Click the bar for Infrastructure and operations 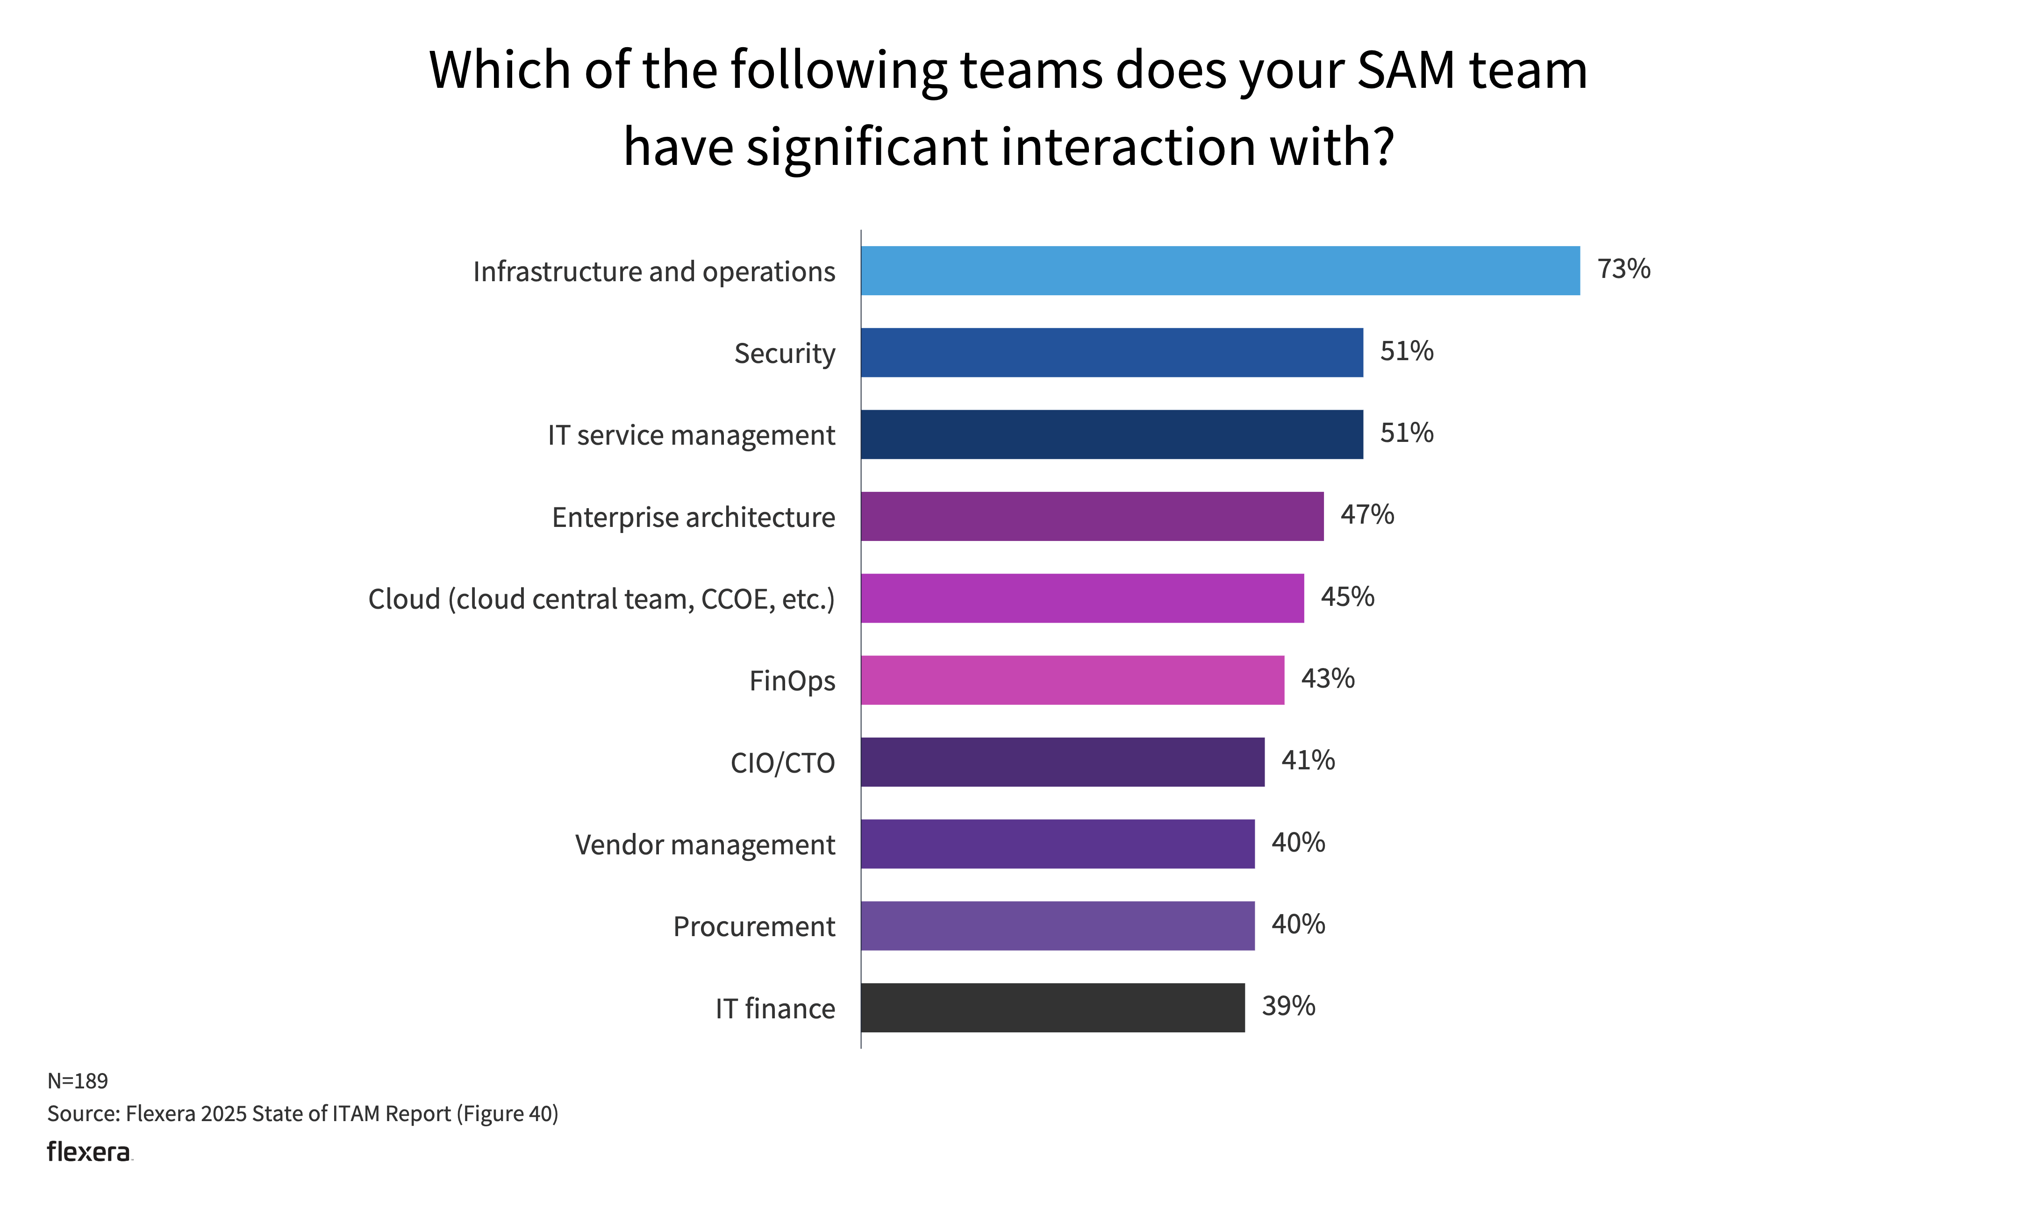pos(1220,270)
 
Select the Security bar pos(1111,353)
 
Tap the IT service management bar pos(1111,435)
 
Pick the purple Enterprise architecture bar pos(1092,516)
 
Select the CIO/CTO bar pos(1063,762)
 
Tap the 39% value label pos(1288,1006)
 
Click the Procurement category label pos(753,926)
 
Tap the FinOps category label pos(792,681)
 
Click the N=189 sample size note pos(78,1081)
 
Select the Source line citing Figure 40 pos(302,1114)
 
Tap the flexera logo pos(89,1152)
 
